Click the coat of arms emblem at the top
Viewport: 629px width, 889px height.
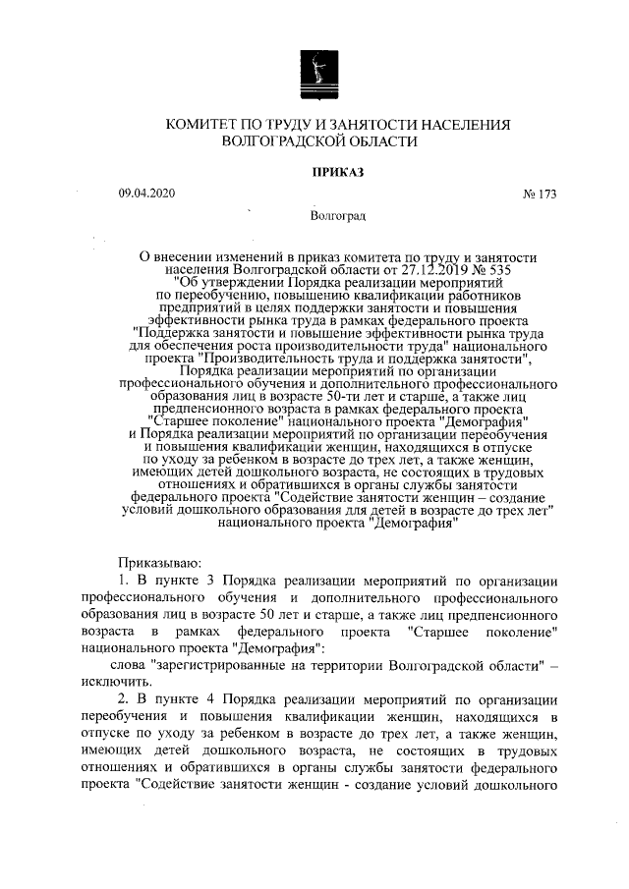[314, 74]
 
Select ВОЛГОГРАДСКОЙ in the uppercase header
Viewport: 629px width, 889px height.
[288, 141]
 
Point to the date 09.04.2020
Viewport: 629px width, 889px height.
[146, 194]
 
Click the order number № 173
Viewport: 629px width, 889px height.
[540, 194]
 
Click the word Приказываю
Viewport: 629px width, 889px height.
[160, 563]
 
